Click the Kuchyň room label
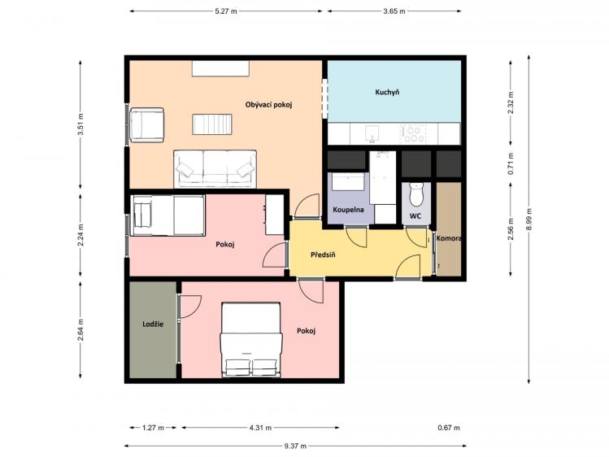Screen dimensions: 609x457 (x=387, y=93)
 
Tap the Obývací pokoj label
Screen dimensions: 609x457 (x=268, y=105)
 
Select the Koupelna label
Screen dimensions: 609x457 (x=348, y=210)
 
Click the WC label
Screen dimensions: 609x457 (x=415, y=216)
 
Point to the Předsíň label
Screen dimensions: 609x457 (x=323, y=255)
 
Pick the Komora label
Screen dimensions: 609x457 (x=449, y=238)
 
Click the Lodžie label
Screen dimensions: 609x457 (x=153, y=324)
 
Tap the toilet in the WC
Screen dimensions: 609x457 (x=416, y=195)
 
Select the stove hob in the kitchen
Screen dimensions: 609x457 (x=413, y=134)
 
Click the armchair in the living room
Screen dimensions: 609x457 (x=147, y=125)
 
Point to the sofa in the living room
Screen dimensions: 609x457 (x=215, y=169)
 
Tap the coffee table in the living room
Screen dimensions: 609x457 (x=212, y=124)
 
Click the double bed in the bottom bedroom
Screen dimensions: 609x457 (x=251, y=340)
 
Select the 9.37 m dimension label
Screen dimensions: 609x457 (x=295, y=446)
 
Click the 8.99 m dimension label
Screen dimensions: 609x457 (x=529, y=220)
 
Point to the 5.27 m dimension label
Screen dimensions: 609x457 (x=226, y=11)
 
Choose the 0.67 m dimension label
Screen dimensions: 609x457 (x=449, y=428)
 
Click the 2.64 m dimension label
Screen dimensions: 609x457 (x=80, y=330)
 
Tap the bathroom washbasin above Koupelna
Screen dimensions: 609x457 (x=348, y=181)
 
